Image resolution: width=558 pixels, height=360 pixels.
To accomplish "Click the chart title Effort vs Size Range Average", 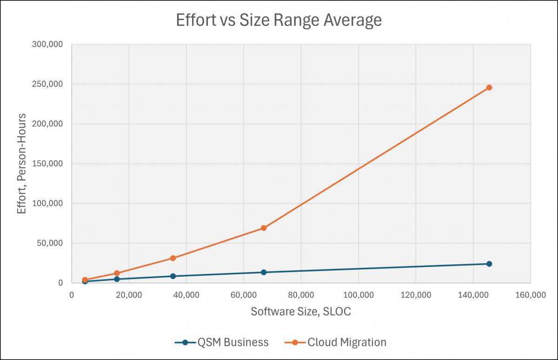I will click(279, 21).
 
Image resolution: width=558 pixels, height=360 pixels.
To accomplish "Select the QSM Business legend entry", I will click(222, 342).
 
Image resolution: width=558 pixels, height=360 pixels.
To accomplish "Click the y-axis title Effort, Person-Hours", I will click(21, 164).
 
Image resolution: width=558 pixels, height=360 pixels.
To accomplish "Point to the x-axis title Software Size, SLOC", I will click(301, 312).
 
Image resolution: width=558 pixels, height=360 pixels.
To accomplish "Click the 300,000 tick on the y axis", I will click(52, 45).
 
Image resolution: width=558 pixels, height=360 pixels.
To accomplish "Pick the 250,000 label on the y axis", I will click(52, 84).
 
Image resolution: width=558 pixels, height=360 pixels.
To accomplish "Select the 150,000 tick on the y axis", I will click(52, 164).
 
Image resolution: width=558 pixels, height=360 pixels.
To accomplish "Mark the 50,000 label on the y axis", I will click(53, 243).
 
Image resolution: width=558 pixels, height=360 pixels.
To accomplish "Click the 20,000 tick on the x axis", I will click(129, 295).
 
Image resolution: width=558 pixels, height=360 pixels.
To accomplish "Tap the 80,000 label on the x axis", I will click(301, 295).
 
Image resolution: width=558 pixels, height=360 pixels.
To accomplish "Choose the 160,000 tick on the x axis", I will click(530, 295).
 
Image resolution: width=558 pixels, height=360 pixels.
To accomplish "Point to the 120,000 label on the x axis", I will click(415, 295).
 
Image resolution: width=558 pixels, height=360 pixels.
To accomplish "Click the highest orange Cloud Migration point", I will click(489, 87).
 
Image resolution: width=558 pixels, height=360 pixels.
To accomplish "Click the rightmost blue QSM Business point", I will click(489, 264).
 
